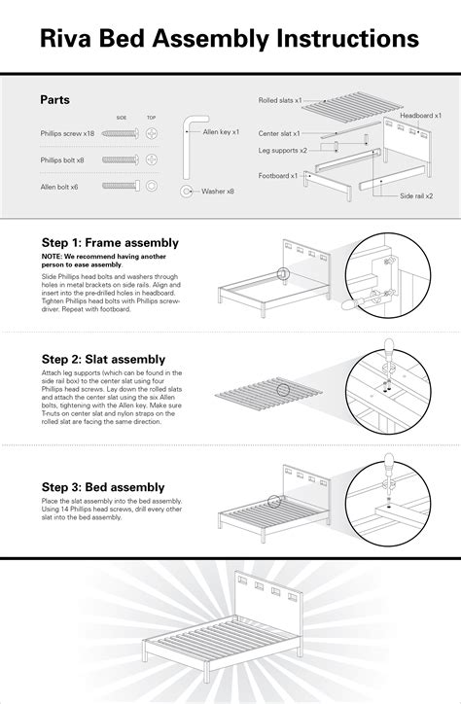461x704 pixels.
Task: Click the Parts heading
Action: [54, 99]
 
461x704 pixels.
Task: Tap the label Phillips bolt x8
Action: [62, 158]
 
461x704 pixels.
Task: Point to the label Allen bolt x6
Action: [59, 184]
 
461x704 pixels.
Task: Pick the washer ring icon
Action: [186, 192]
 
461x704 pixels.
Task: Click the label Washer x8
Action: [218, 192]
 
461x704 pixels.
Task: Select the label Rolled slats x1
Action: [281, 100]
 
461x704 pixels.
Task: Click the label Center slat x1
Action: [279, 133]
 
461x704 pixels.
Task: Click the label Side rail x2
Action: [415, 196]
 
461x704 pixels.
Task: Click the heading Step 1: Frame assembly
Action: [109, 242]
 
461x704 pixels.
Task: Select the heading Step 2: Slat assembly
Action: [102, 359]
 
